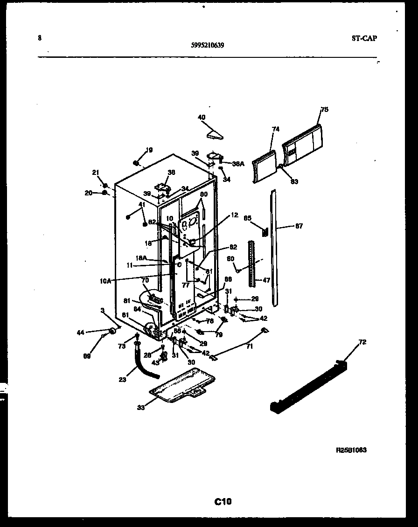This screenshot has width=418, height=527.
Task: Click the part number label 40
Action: point(202,117)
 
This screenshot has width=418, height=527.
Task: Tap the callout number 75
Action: point(325,110)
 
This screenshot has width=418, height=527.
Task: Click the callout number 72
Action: point(362,342)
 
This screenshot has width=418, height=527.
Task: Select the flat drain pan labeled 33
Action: point(183,385)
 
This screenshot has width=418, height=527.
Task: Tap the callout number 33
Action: point(141,408)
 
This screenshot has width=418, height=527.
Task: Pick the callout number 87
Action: point(299,226)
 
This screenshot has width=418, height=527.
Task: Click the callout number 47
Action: point(267,280)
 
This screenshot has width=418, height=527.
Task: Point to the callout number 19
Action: point(149,150)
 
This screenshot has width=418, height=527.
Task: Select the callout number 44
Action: point(81,332)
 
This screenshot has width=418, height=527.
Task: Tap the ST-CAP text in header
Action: point(364,38)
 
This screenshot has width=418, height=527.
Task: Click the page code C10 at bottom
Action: point(223,502)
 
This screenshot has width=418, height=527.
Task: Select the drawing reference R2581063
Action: point(351,450)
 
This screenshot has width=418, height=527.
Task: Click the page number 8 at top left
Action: point(40,38)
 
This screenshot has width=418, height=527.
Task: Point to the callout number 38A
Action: point(238,164)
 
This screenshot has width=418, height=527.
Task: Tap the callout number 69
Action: point(88,356)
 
